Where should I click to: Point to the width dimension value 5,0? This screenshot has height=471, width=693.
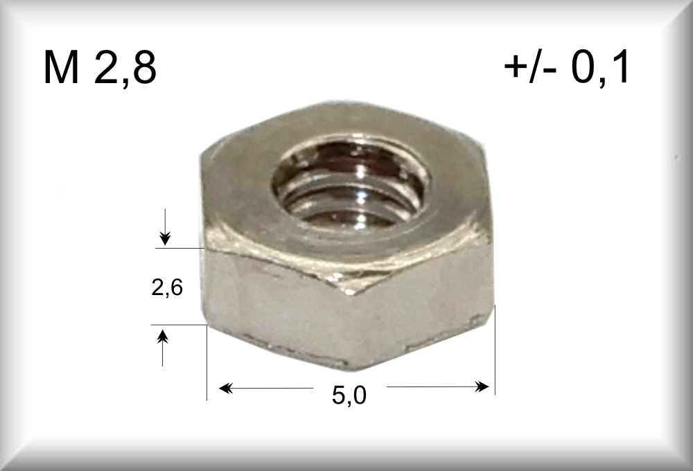point(349,395)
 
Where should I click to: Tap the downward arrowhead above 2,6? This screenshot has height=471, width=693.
point(165,238)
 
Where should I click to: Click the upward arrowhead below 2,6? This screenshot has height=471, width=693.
point(163,337)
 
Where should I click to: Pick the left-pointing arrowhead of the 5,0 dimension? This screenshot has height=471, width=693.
point(226,389)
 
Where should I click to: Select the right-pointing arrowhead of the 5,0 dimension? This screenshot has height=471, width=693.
point(482,387)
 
